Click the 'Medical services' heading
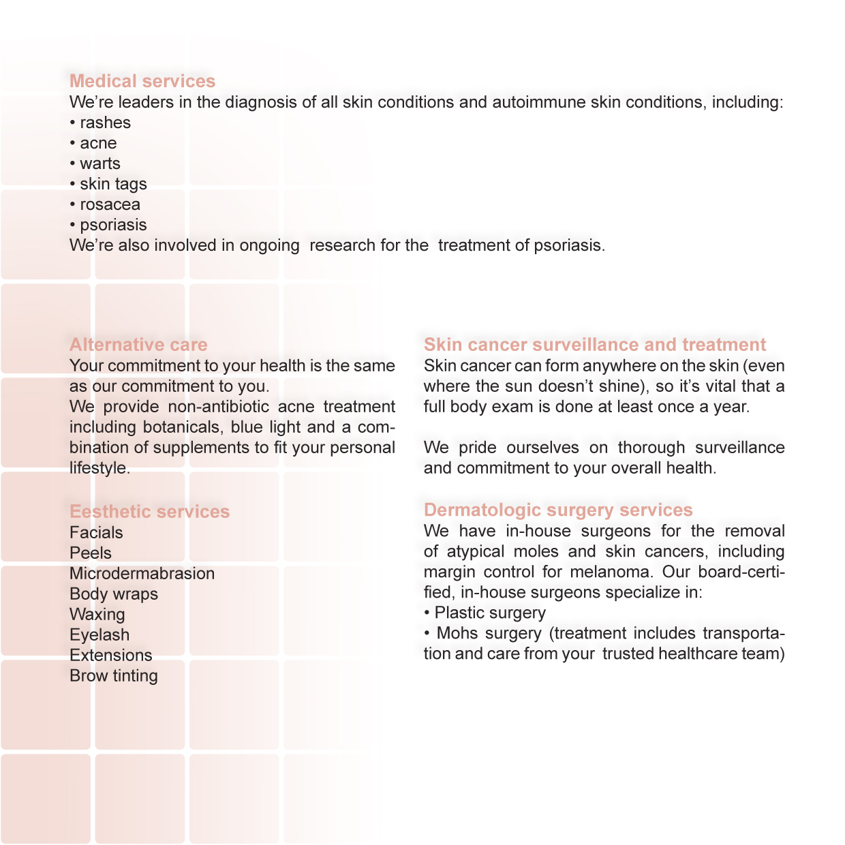pyautogui.click(x=142, y=81)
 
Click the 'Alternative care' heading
pyautogui.click(x=138, y=345)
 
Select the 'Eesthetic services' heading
pyautogui.click(x=150, y=512)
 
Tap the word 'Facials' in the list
pyautogui.click(x=96, y=532)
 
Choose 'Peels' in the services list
pyautogui.click(x=91, y=553)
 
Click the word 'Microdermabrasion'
pyautogui.click(x=142, y=573)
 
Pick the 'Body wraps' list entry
pyautogui.click(x=114, y=594)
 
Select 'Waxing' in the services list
pyautogui.click(x=97, y=614)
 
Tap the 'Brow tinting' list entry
pyautogui.click(x=114, y=675)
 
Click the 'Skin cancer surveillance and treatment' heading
pyautogui.click(x=595, y=345)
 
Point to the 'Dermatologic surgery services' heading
pyautogui.click(x=558, y=510)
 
